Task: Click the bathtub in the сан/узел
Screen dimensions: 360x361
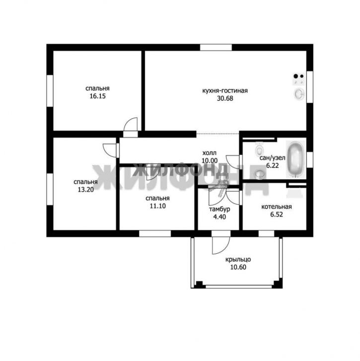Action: click(x=296, y=159)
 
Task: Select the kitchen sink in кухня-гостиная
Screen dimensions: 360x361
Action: click(x=299, y=94)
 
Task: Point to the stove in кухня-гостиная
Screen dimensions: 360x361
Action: click(x=299, y=79)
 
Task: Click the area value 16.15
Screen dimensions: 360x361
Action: click(x=98, y=96)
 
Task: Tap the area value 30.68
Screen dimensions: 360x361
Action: click(x=225, y=98)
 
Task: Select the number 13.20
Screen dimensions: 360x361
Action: click(x=85, y=190)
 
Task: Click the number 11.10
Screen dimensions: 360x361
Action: click(x=158, y=206)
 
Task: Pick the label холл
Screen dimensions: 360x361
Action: click(x=209, y=153)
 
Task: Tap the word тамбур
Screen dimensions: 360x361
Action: click(x=219, y=210)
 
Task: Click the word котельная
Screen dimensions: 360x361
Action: click(x=277, y=207)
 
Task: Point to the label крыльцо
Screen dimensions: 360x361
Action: click(x=238, y=260)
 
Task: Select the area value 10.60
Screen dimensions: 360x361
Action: click(x=238, y=267)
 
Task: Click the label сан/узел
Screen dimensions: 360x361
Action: click(x=272, y=158)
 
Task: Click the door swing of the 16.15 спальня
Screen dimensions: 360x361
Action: click(x=131, y=124)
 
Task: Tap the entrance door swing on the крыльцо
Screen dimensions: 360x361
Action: click(x=221, y=245)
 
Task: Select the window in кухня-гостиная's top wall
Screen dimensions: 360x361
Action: click(x=216, y=48)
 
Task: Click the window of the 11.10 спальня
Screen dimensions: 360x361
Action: click(x=155, y=234)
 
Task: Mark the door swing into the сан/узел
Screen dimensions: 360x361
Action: click(x=233, y=162)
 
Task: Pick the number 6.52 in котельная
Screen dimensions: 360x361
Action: click(x=277, y=215)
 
